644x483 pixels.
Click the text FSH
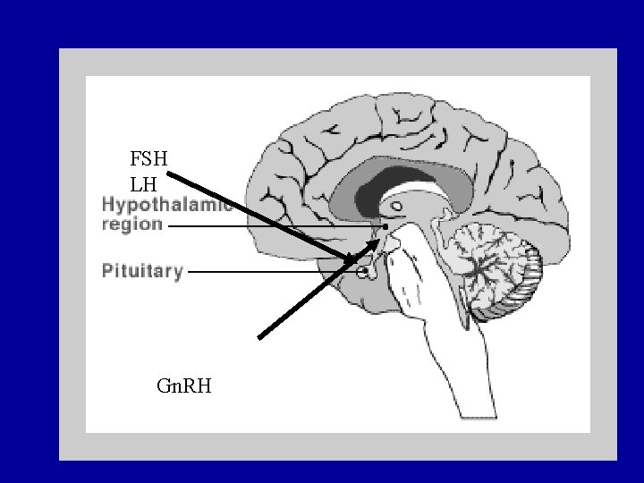pos(148,160)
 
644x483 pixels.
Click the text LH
pos(143,184)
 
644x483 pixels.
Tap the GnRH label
pos(183,386)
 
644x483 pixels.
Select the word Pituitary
pos(142,270)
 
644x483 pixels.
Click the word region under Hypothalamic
pos(131,225)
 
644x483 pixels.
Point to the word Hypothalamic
pos(166,205)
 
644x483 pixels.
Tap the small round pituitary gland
pos(363,271)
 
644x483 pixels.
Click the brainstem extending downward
pos(447,358)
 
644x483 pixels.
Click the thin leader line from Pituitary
pos(268,271)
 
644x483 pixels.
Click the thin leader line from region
pos(268,227)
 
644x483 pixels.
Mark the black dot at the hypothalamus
pos(386,226)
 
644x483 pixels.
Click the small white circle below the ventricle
pos(396,208)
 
